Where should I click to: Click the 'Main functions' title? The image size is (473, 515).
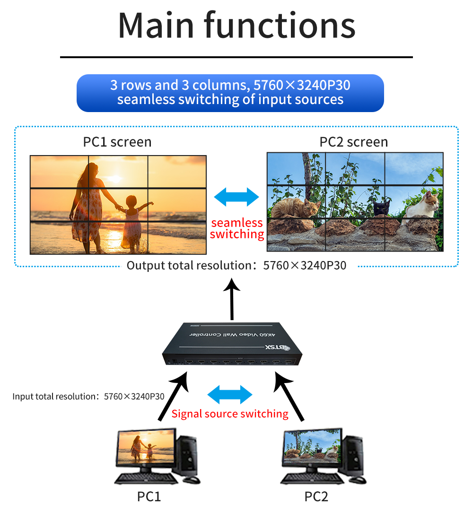point(236,26)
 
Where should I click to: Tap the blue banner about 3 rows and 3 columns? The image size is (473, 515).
point(230,93)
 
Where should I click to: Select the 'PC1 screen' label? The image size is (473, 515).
point(117,142)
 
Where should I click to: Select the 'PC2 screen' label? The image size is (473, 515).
point(354,142)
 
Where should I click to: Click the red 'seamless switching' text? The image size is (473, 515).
point(236,228)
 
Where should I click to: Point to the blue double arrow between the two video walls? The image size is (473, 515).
point(236,197)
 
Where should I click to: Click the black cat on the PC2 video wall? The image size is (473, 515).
point(381,208)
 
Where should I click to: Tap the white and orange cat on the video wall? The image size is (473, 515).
point(422,206)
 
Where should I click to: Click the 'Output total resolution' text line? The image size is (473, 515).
point(236,265)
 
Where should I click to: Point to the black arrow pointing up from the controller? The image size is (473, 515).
point(232,298)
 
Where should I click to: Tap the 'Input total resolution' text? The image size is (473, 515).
point(88,396)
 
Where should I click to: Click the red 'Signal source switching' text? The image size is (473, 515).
point(230,414)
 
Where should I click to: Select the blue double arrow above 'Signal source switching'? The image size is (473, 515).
point(230,394)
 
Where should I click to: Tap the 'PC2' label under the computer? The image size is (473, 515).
point(316,497)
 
